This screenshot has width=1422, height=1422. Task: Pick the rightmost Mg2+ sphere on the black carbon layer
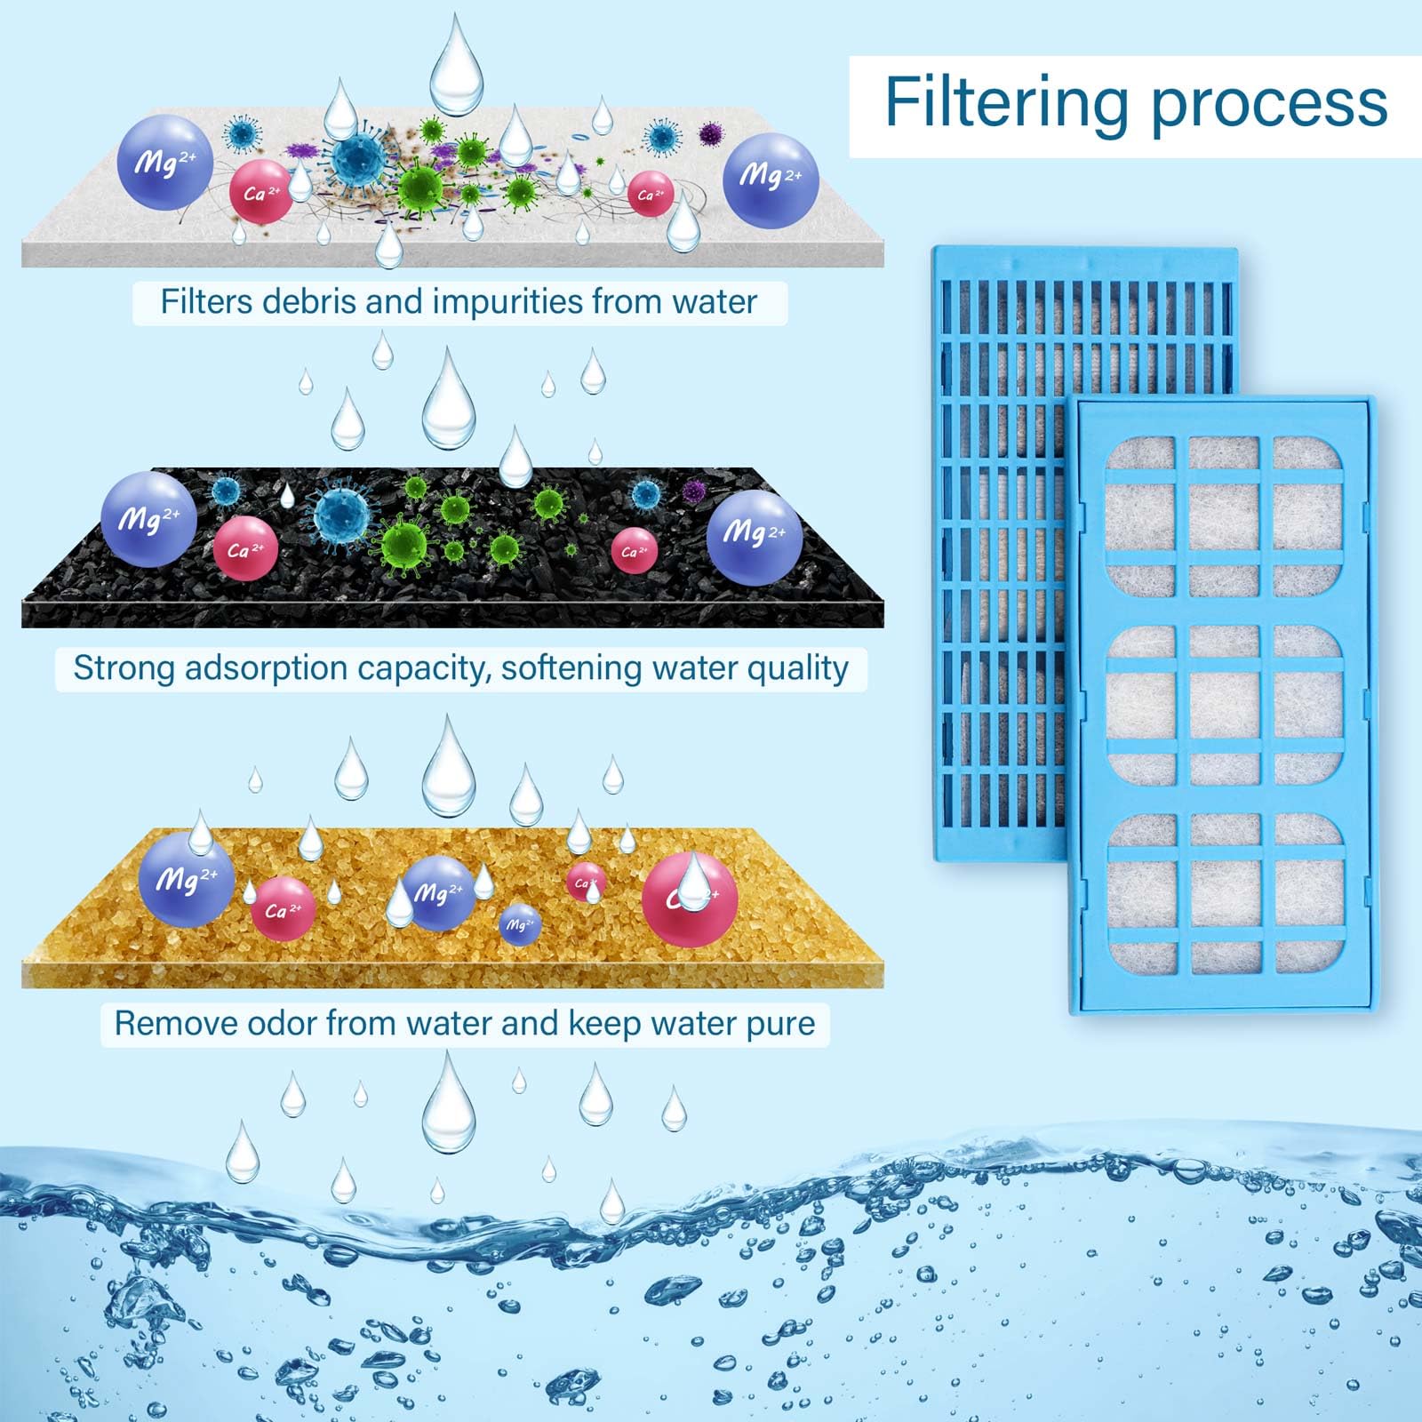(755, 537)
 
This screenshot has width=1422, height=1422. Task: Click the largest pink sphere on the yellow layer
(690, 899)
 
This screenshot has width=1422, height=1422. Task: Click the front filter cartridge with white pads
(1223, 706)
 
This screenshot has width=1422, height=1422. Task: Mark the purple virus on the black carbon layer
(695, 489)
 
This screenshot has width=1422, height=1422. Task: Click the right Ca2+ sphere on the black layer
(635, 551)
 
